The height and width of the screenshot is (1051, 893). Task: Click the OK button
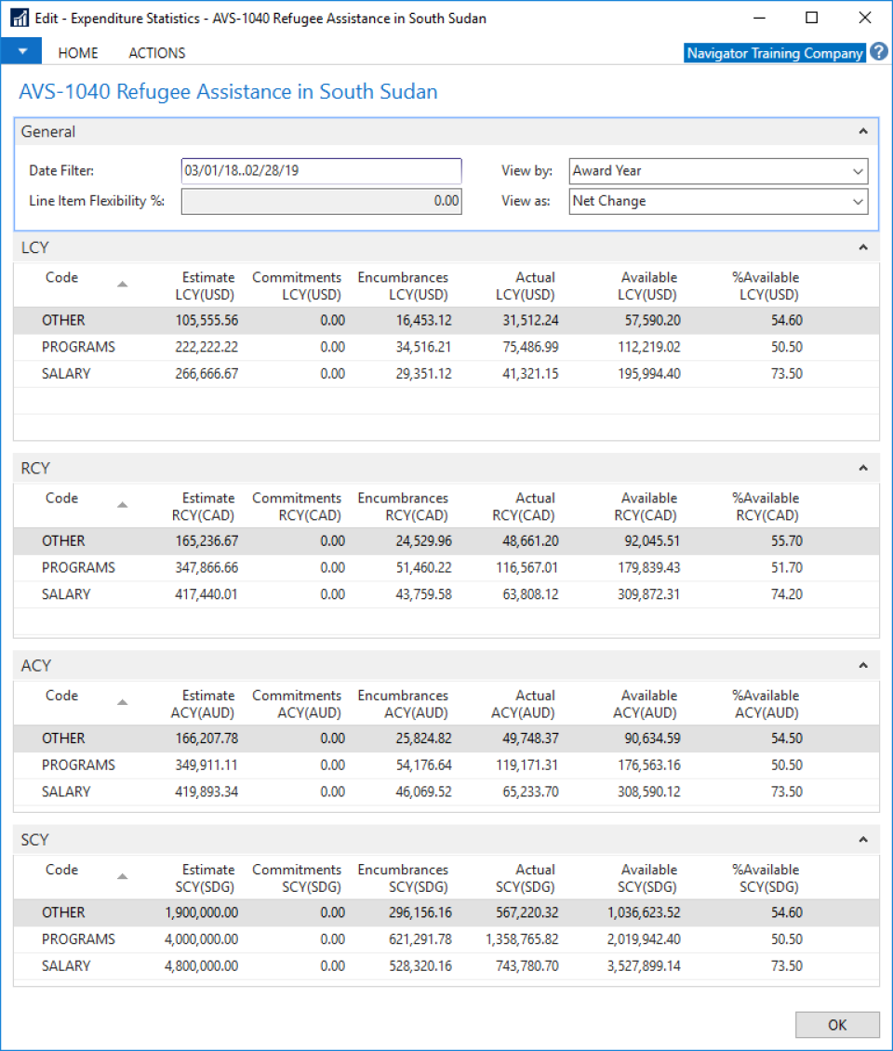click(837, 1024)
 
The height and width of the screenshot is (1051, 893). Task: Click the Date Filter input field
click(321, 171)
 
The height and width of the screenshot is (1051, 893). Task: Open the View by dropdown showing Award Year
click(717, 171)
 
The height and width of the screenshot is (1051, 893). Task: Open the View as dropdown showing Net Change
click(717, 201)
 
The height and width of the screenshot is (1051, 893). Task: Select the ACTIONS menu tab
click(156, 53)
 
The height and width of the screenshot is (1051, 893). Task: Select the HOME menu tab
click(78, 53)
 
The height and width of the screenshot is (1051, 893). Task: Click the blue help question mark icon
click(879, 53)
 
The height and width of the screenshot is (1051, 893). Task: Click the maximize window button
click(811, 18)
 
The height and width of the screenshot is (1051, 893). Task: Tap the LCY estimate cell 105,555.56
click(207, 321)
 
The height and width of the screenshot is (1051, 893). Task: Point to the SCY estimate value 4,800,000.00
click(201, 966)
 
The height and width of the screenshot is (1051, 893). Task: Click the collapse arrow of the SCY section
click(863, 840)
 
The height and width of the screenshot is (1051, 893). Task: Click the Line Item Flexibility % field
click(321, 201)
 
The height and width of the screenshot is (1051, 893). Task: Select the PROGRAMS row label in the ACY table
click(78, 765)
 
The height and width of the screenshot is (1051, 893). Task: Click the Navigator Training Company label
click(774, 53)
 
